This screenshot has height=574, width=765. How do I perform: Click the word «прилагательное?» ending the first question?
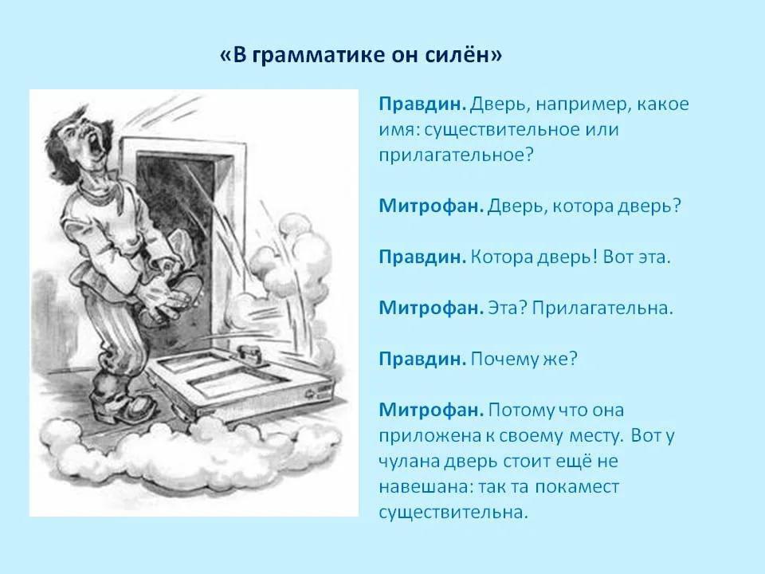point(456,155)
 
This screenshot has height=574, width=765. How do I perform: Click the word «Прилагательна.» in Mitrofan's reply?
point(602,308)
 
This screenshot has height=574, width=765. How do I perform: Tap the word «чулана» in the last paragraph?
point(409,462)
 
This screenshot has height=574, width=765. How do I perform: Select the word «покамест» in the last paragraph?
point(577,487)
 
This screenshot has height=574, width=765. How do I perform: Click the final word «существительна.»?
point(453,513)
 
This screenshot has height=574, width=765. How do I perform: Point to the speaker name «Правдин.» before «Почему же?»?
point(422,360)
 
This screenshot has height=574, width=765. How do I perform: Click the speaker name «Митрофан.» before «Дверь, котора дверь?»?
point(431,206)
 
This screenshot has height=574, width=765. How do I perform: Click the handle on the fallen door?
point(249,352)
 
